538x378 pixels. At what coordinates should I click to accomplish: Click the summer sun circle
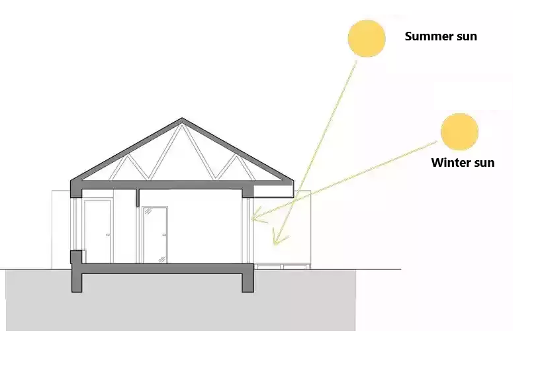pyautogui.click(x=367, y=38)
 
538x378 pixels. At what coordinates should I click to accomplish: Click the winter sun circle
pyautogui.click(x=459, y=132)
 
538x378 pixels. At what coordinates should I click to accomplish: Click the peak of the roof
pyautogui.click(x=182, y=118)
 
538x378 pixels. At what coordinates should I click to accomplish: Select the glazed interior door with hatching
pyautogui.click(x=155, y=235)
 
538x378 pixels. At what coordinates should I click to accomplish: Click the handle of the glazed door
pyautogui.click(x=164, y=235)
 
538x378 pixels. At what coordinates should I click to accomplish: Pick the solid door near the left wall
pyautogui.click(x=98, y=232)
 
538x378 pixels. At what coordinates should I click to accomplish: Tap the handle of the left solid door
pyautogui.click(x=108, y=235)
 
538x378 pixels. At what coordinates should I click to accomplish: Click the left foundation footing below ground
pyautogui.click(x=77, y=283)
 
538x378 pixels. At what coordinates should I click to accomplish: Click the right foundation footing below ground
pyautogui.click(x=247, y=283)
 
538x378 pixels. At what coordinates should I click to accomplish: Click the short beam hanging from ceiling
pyautogui.click(x=137, y=197)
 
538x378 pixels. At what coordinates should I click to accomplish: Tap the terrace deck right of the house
pyautogui.click(x=283, y=265)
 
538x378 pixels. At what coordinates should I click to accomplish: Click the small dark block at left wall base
pyautogui.click(x=77, y=257)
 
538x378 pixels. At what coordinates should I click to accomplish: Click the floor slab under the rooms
pyautogui.click(x=163, y=269)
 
